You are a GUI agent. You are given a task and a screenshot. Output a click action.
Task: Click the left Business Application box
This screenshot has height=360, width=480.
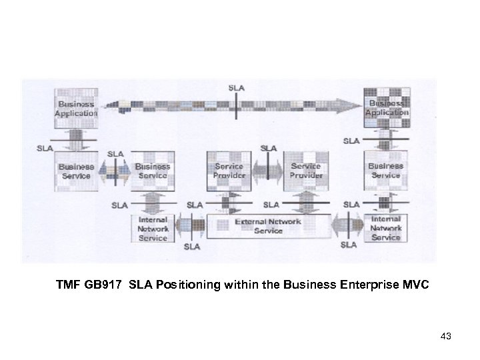(76, 109)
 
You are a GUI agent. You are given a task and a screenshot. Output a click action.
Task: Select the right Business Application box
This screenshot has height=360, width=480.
(387, 109)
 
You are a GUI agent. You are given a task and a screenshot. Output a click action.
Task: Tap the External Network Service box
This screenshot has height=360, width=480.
(268, 226)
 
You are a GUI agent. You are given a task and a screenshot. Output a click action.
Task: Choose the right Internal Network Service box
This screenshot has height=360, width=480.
(386, 228)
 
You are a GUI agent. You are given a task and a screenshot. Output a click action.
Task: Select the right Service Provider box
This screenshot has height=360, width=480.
(307, 171)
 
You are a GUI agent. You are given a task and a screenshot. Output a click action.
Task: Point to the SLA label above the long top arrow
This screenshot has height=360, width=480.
(237, 87)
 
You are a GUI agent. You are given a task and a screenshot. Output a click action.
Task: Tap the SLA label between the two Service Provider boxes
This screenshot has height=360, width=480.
(269, 148)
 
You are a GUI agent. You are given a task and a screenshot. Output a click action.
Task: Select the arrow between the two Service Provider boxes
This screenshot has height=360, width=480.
(269, 171)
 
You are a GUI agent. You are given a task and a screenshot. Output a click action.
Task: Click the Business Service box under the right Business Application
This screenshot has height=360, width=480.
(386, 171)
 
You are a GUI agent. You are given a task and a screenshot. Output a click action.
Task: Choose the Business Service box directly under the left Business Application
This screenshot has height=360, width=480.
(76, 171)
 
